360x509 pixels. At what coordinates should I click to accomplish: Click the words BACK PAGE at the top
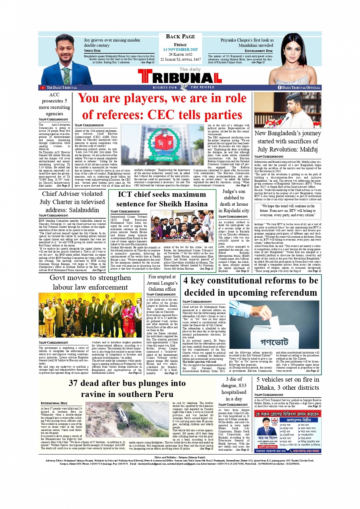[x=180, y=37]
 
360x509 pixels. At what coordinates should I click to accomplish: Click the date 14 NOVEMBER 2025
[x=180, y=50]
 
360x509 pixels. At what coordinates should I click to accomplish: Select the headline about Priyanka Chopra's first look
[x=247, y=43]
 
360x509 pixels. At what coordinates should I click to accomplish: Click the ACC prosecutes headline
[x=54, y=104]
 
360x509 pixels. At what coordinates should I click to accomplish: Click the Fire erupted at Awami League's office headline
[x=162, y=283]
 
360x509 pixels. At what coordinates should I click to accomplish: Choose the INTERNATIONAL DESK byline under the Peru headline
[x=54, y=403]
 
